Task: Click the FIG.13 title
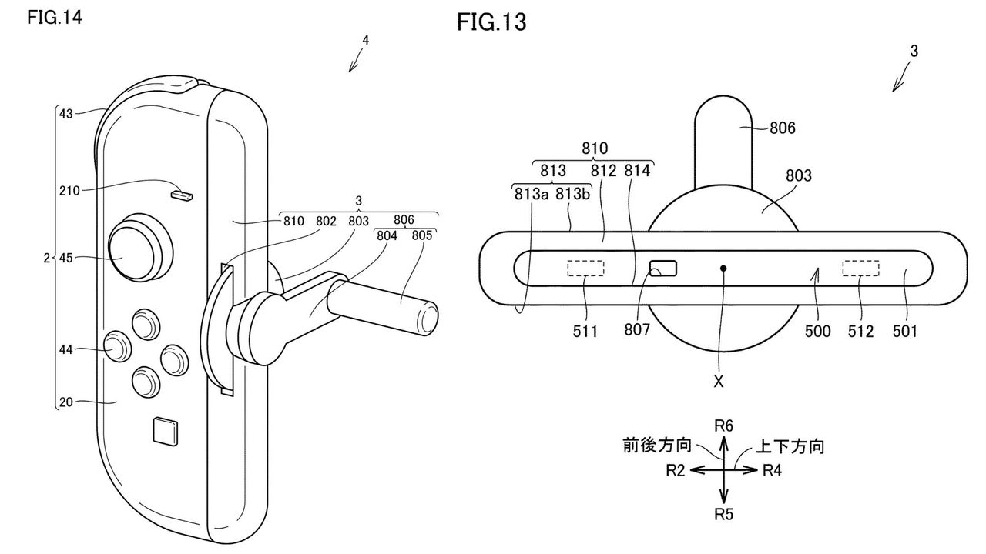(x=491, y=22)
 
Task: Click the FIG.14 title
(x=54, y=17)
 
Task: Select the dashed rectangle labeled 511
(x=585, y=268)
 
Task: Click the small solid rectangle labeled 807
(x=664, y=269)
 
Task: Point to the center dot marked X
(x=723, y=269)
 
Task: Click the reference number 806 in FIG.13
(x=782, y=128)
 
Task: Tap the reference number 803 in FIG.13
(x=798, y=176)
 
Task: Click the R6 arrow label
(x=723, y=426)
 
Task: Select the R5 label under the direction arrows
(x=723, y=515)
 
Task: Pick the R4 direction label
(x=773, y=470)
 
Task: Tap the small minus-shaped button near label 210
(x=183, y=195)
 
